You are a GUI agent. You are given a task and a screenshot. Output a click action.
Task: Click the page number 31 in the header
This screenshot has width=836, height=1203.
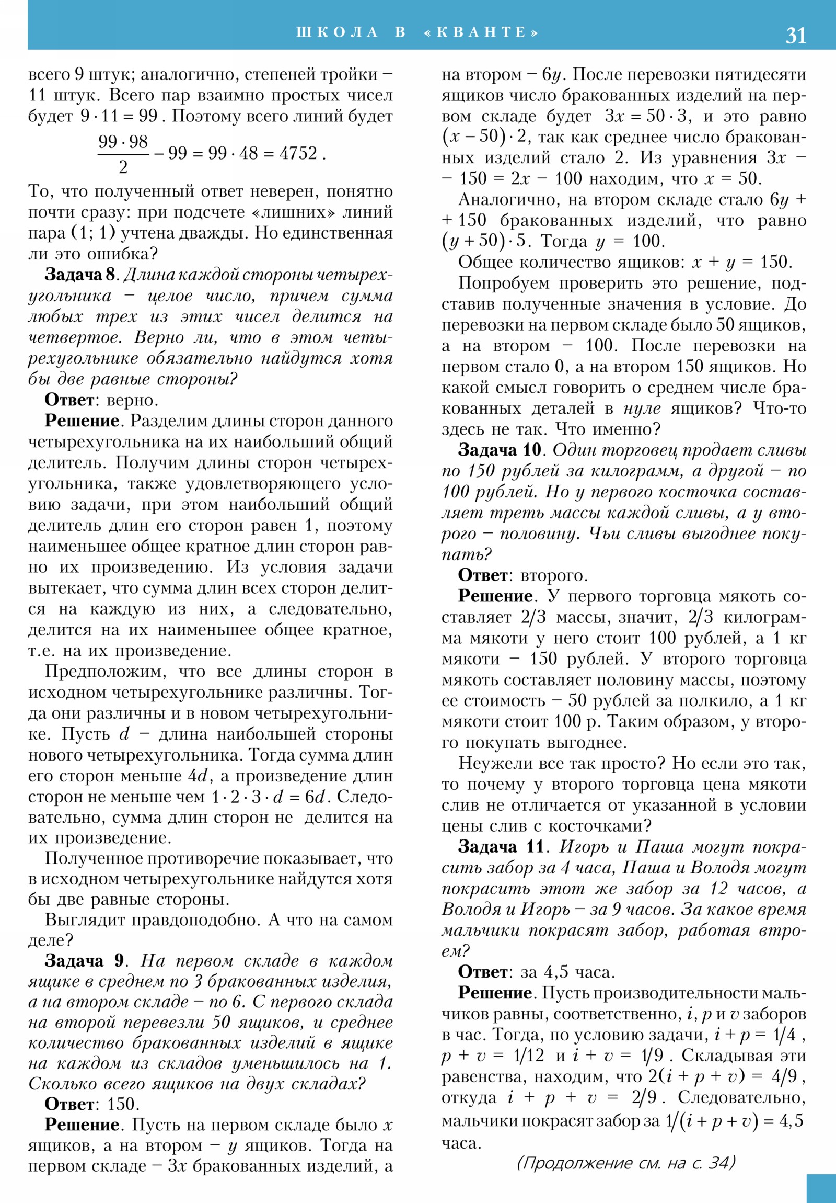(795, 35)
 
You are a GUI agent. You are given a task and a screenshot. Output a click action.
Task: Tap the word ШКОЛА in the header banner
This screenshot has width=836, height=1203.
(337, 32)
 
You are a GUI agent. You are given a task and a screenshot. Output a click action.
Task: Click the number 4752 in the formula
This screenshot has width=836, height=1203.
(298, 153)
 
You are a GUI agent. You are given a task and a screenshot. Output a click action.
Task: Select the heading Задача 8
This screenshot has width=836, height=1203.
(79, 275)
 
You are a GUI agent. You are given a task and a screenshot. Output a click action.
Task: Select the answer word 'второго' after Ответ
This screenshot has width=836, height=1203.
(554, 575)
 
